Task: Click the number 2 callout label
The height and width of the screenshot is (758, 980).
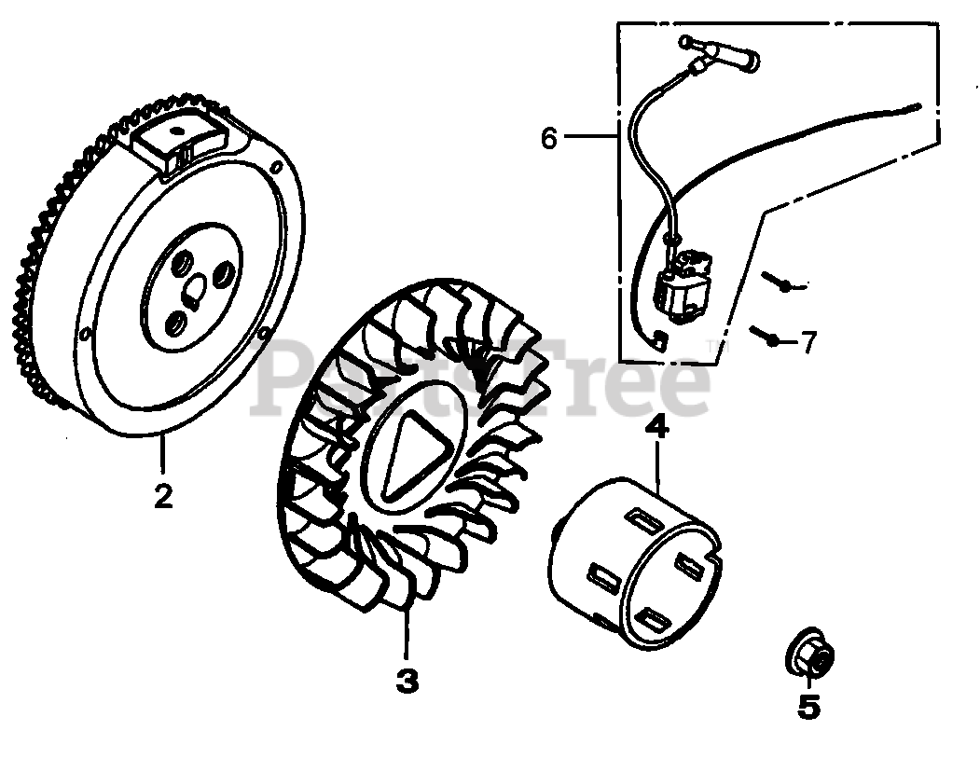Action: click(x=163, y=496)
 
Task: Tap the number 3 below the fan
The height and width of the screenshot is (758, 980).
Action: click(x=407, y=682)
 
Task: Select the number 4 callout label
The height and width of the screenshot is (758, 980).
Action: click(x=656, y=428)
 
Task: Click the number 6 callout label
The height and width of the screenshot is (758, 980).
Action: click(x=549, y=139)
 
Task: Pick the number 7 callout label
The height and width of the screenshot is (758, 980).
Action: click(x=808, y=343)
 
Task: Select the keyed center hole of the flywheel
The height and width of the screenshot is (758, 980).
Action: click(x=195, y=293)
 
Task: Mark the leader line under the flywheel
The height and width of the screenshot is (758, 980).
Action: click(x=163, y=458)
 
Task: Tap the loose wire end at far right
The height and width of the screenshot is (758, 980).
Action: click(x=918, y=109)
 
